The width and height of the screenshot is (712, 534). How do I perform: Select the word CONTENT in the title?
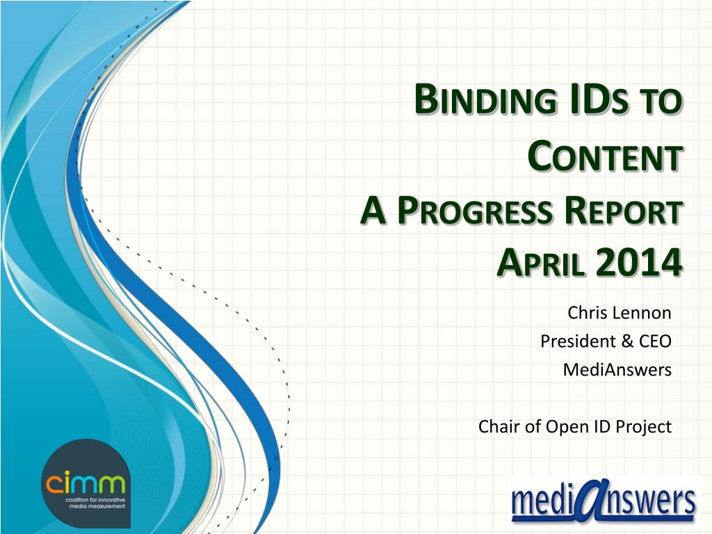coord(606,156)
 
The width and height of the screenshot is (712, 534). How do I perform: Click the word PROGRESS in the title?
coord(474,211)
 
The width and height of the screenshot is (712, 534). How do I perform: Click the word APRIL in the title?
coord(540,263)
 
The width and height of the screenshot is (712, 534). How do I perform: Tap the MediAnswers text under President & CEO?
coord(617,370)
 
